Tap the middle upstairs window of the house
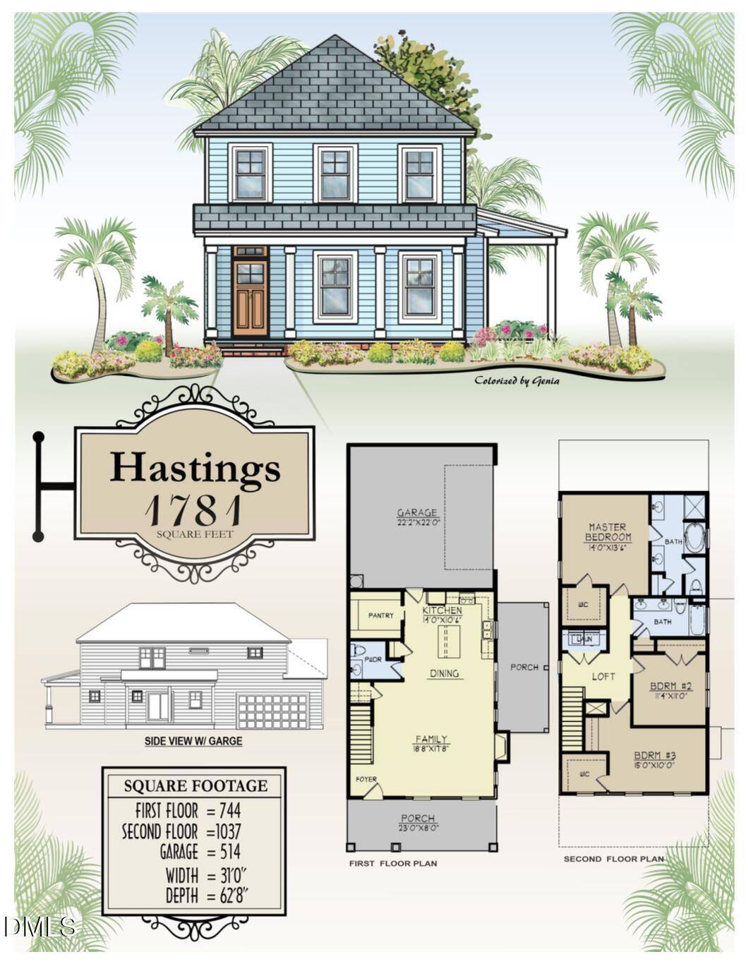(x=334, y=173)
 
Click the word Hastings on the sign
(x=195, y=467)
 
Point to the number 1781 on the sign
(x=194, y=510)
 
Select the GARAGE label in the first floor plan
(x=418, y=513)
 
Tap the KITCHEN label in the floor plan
(x=442, y=610)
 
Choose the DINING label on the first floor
(x=445, y=673)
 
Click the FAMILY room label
(x=430, y=740)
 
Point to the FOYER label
(x=366, y=779)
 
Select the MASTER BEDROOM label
(x=608, y=532)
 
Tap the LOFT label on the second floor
(x=603, y=676)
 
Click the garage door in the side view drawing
(x=273, y=711)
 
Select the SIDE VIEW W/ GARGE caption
(x=193, y=742)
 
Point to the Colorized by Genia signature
(x=517, y=381)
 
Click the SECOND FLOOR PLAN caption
(x=613, y=859)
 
